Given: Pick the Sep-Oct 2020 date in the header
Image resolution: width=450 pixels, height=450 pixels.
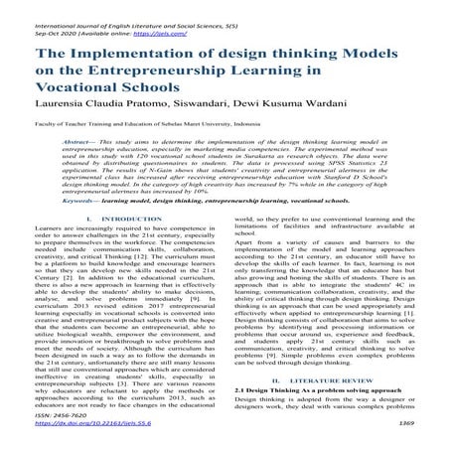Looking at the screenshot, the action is [33, 20].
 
